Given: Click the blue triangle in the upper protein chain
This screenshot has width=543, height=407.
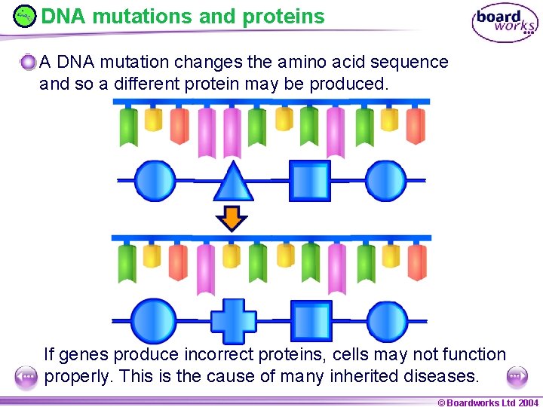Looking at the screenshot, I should click(x=233, y=183).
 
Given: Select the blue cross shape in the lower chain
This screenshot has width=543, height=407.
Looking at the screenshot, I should click(x=233, y=321).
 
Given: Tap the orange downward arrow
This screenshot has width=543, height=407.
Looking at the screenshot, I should click(x=232, y=218).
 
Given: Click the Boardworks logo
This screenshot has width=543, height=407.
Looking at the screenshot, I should click(x=505, y=23).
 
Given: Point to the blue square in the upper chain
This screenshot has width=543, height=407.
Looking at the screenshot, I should click(x=310, y=181).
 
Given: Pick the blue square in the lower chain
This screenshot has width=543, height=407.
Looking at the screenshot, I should click(x=311, y=321).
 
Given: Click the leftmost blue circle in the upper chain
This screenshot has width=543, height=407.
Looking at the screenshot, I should click(x=155, y=181).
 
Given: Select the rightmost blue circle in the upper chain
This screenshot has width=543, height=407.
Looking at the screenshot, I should click(x=385, y=181).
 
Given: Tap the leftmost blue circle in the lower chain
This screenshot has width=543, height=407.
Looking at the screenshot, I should click(x=153, y=320).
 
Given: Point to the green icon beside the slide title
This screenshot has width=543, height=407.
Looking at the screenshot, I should click(x=24, y=16).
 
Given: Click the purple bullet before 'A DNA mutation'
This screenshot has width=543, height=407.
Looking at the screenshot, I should click(x=29, y=63).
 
